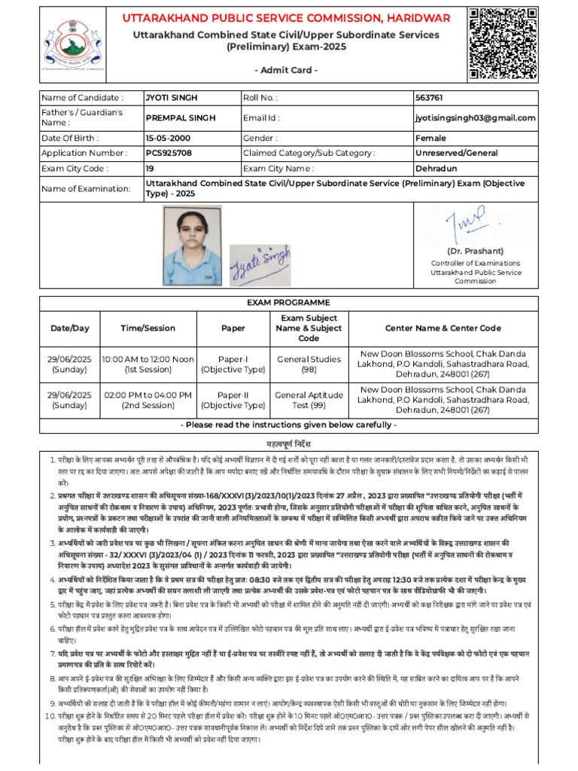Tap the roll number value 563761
tap(429, 98)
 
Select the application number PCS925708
tap(169, 153)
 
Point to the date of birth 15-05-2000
tap(169, 139)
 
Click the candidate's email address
tap(475, 118)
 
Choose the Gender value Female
tap(430, 139)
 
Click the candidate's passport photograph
tap(192, 243)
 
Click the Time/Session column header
tap(148, 328)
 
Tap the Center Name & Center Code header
tap(443, 328)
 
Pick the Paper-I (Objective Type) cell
tap(233, 364)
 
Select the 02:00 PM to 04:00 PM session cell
tap(148, 400)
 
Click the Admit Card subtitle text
tap(291, 70)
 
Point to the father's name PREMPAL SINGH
tap(181, 118)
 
